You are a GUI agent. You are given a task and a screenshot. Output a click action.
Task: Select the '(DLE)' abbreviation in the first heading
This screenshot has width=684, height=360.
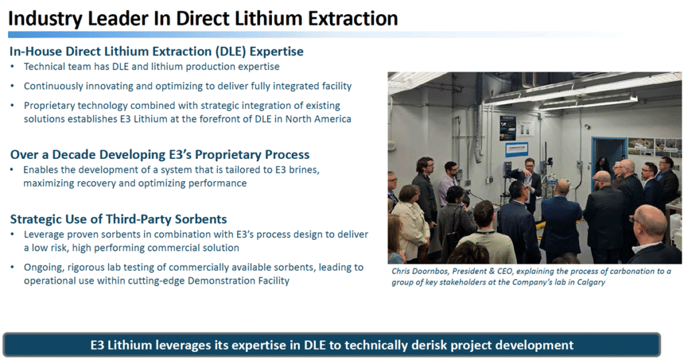click(230, 51)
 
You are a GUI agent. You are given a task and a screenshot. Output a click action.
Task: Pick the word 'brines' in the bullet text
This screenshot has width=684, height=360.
click(304, 169)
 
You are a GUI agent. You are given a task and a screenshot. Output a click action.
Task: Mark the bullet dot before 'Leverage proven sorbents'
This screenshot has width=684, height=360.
click(13, 234)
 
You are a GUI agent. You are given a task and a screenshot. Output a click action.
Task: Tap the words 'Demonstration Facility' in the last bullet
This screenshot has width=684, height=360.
click(238, 281)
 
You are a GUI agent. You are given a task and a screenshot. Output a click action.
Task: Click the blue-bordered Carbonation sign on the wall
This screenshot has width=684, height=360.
click(516, 149)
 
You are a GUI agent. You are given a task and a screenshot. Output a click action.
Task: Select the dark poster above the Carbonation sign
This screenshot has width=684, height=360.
click(508, 128)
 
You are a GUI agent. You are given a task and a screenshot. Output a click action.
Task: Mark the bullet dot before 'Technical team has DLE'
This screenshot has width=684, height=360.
click(13, 67)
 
